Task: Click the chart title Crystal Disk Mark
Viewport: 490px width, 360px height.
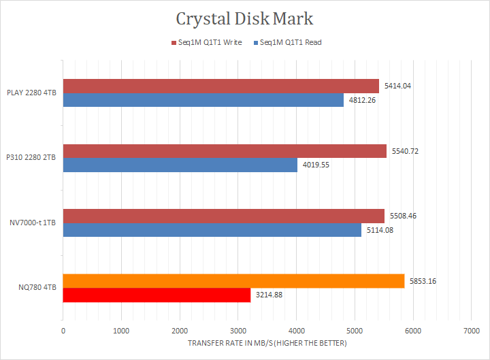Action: click(x=245, y=18)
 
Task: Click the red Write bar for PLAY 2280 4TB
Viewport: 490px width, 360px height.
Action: click(x=221, y=86)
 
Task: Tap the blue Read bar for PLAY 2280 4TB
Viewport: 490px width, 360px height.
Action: click(x=203, y=100)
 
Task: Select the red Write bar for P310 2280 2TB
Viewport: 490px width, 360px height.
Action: click(x=225, y=151)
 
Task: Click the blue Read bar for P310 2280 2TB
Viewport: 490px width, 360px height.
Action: click(x=180, y=165)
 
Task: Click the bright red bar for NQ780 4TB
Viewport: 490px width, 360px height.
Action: click(x=157, y=295)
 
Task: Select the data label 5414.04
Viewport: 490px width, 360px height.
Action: click(x=397, y=86)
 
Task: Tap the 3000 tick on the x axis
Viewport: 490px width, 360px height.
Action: click(x=238, y=331)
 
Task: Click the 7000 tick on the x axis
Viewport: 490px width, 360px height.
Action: click(x=471, y=331)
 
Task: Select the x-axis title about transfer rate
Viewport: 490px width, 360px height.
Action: click(x=267, y=343)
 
